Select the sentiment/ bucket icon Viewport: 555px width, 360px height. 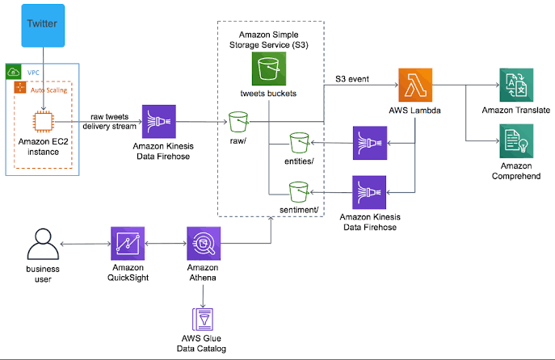click(300, 191)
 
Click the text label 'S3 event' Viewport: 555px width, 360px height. click(352, 79)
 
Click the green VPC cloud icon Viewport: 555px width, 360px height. click(14, 71)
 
